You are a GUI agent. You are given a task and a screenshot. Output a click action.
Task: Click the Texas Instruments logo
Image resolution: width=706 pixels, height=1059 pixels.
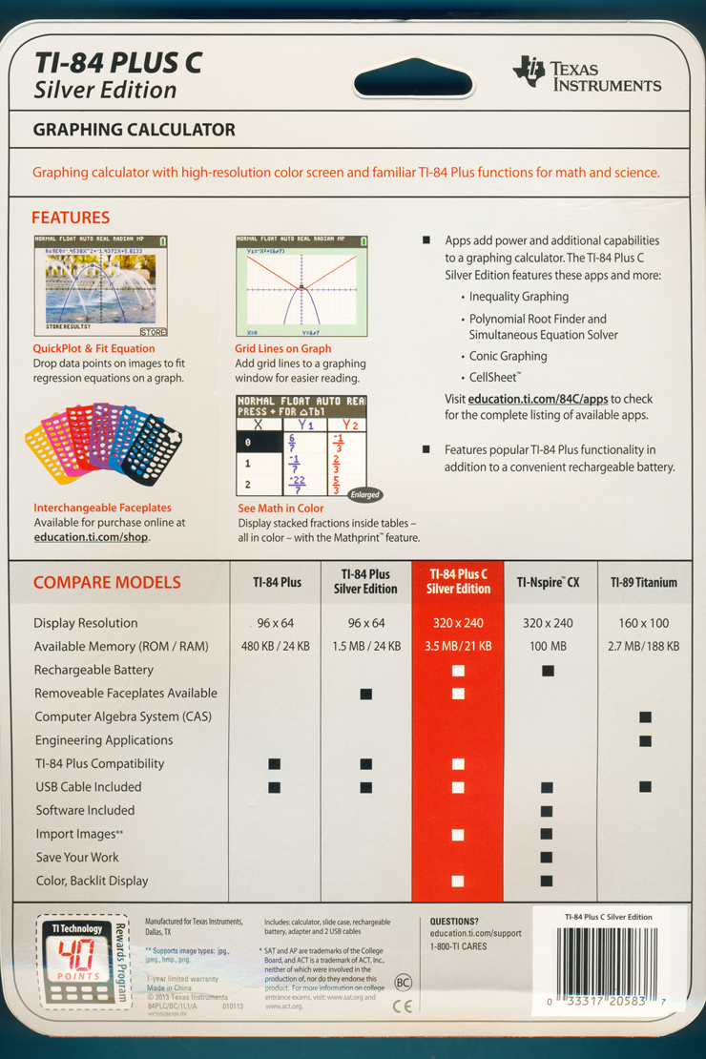point(586,73)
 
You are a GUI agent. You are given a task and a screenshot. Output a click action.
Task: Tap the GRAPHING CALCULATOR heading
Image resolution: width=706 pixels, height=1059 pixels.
point(134,130)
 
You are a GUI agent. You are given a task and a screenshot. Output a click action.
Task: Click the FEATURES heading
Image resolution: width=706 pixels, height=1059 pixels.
point(71,218)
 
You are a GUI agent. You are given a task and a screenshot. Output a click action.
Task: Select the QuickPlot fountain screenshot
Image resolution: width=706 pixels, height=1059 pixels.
point(101,286)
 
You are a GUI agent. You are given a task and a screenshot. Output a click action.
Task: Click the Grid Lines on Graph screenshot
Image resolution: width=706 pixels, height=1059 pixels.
point(301,286)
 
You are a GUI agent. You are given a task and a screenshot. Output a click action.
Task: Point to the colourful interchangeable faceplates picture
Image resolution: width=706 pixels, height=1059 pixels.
point(100,444)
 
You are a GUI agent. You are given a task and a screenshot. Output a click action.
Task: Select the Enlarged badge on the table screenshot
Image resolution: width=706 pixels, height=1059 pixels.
point(364,494)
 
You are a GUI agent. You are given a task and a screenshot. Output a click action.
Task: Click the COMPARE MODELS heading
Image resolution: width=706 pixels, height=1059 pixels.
point(107,582)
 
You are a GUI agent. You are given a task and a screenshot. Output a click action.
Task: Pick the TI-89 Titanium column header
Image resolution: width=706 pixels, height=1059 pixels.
point(644,582)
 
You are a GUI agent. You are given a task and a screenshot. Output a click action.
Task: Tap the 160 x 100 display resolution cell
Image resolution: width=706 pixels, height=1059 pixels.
point(644,623)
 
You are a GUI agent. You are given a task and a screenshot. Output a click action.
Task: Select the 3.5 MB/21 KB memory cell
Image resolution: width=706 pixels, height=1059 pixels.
point(458,646)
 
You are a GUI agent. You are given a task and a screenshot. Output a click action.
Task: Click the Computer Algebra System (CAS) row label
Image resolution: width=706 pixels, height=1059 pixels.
point(123,716)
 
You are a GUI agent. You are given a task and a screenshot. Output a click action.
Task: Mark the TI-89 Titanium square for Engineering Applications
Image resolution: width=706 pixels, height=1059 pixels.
point(645,740)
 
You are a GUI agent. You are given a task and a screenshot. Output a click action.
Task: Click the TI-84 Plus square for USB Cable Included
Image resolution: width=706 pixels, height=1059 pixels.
point(275,787)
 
